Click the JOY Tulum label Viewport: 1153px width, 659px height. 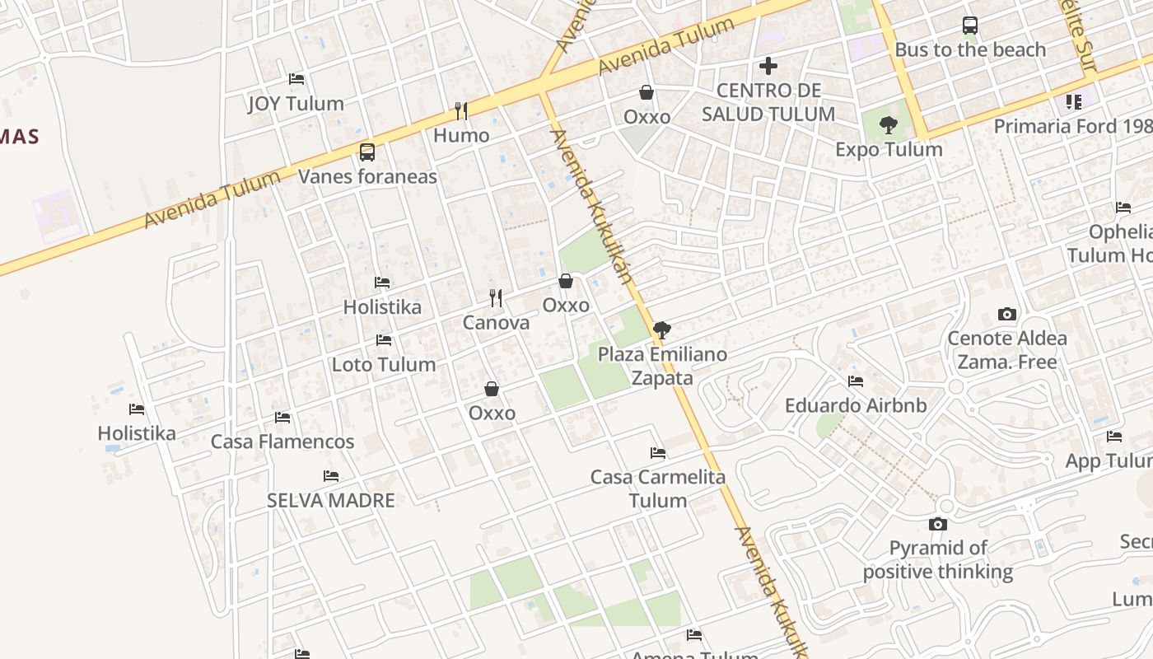click(x=296, y=104)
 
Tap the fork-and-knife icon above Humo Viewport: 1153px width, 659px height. click(x=461, y=110)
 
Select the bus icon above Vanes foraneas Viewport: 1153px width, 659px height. click(x=367, y=152)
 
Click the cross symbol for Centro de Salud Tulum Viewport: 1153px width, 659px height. click(x=768, y=66)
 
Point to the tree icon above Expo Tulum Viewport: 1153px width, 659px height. click(x=888, y=125)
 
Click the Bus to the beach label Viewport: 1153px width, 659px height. click(x=969, y=49)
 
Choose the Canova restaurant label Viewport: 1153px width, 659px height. click(x=496, y=323)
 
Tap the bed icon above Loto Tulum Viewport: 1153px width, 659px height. click(x=383, y=339)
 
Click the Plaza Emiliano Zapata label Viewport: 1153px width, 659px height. click(x=662, y=367)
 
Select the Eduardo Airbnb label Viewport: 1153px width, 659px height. click(x=856, y=405)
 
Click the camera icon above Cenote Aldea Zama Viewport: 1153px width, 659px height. click(x=1006, y=314)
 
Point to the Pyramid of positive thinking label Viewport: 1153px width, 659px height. click(x=938, y=560)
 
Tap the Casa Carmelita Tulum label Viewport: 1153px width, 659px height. click(x=658, y=488)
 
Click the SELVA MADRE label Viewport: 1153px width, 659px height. click(x=331, y=500)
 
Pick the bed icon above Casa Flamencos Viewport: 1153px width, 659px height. click(x=282, y=417)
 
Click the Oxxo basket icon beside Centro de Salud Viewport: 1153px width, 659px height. click(x=647, y=92)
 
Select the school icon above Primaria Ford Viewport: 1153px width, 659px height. click(x=1073, y=102)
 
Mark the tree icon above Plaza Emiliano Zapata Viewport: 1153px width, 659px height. click(x=661, y=330)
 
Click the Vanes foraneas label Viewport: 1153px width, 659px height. click(x=367, y=176)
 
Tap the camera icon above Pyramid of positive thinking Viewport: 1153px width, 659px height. click(x=937, y=524)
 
